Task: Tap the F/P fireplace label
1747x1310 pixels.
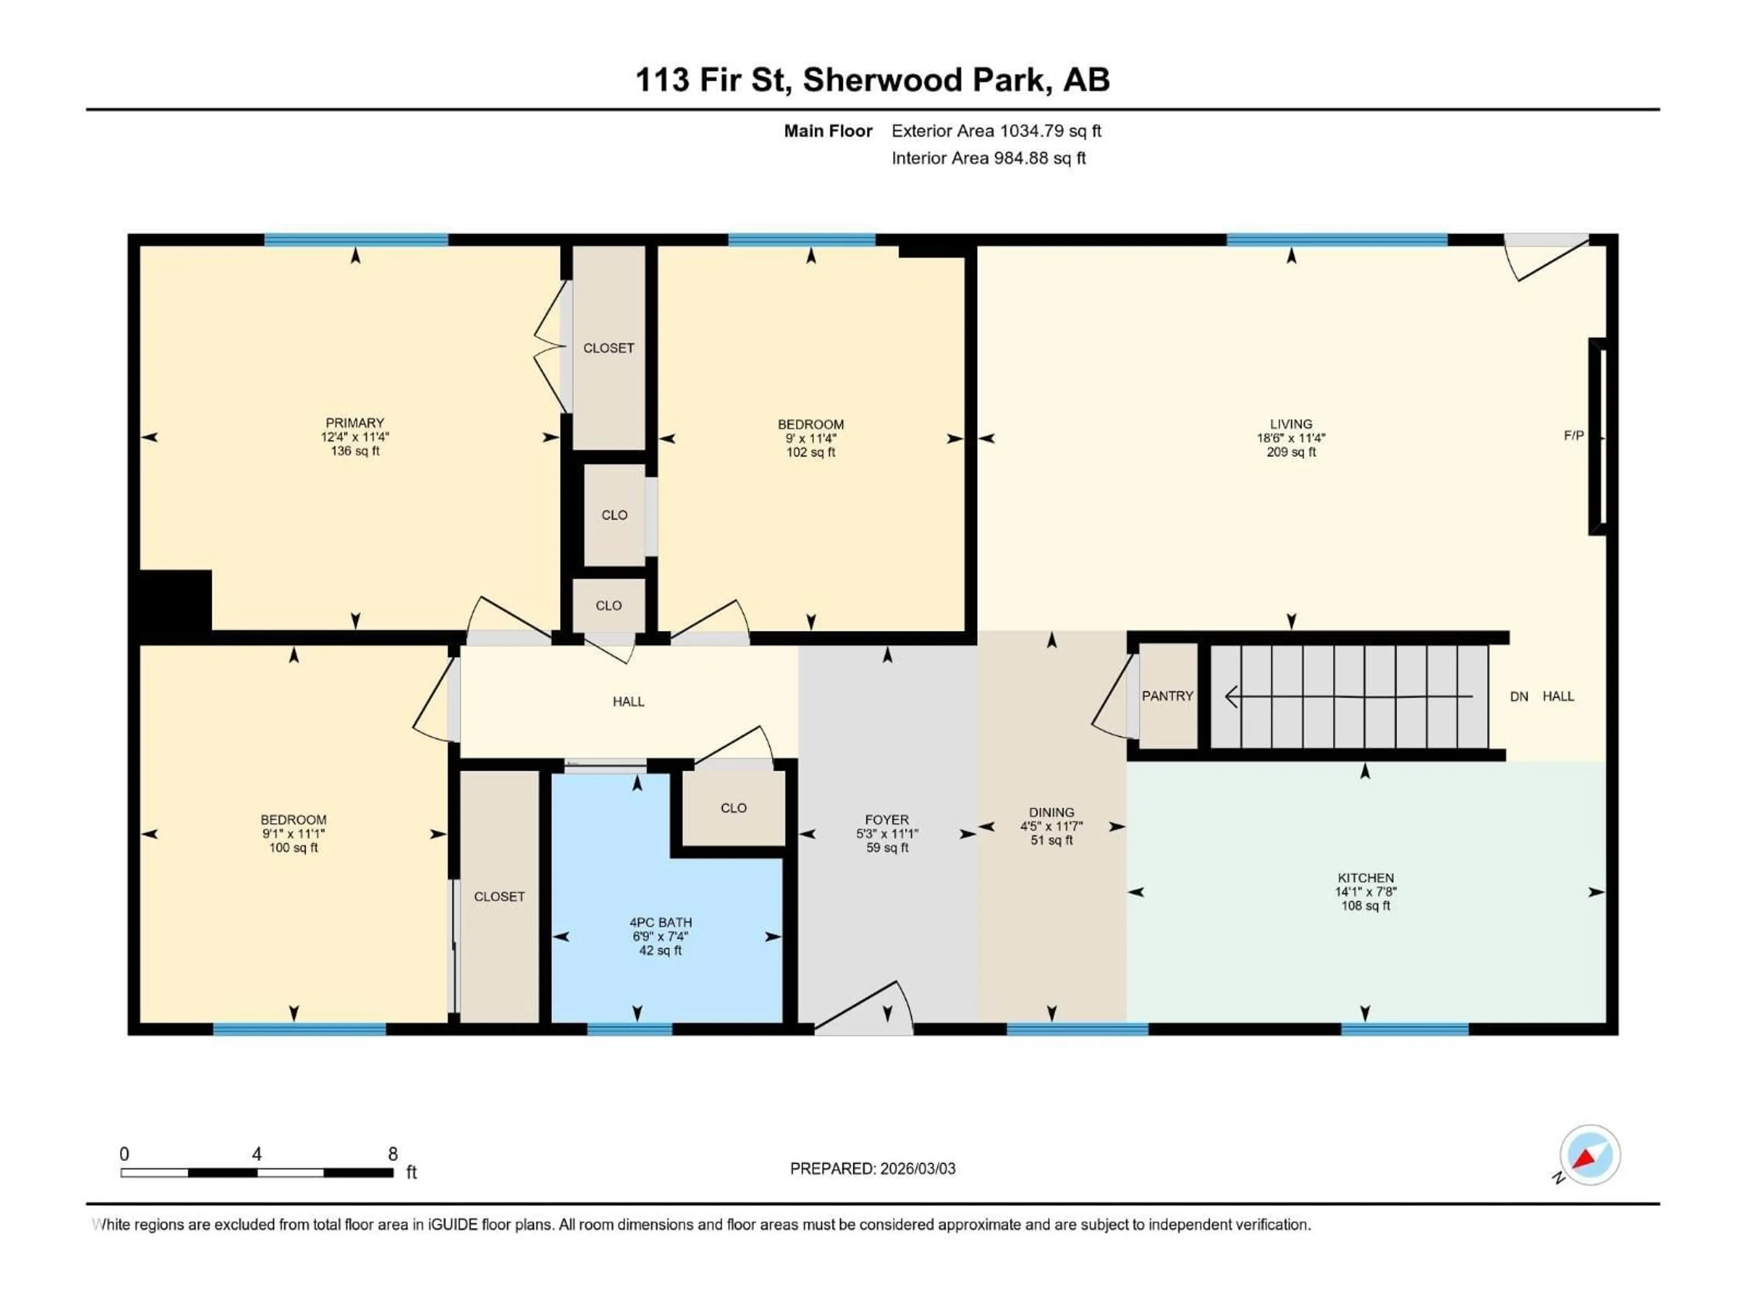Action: point(1573,435)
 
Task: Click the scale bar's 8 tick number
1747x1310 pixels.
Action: point(393,1154)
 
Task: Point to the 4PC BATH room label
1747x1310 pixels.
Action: point(660,922)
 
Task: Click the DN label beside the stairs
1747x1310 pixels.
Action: point(1519,696)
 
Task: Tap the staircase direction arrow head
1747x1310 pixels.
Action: point(1231,696)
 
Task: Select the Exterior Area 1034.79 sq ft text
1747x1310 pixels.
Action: point(996,131)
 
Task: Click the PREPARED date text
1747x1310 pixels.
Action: point(872,1169)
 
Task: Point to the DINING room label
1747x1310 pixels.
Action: point(1051,812)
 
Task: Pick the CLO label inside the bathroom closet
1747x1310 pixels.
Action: point(733,808)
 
